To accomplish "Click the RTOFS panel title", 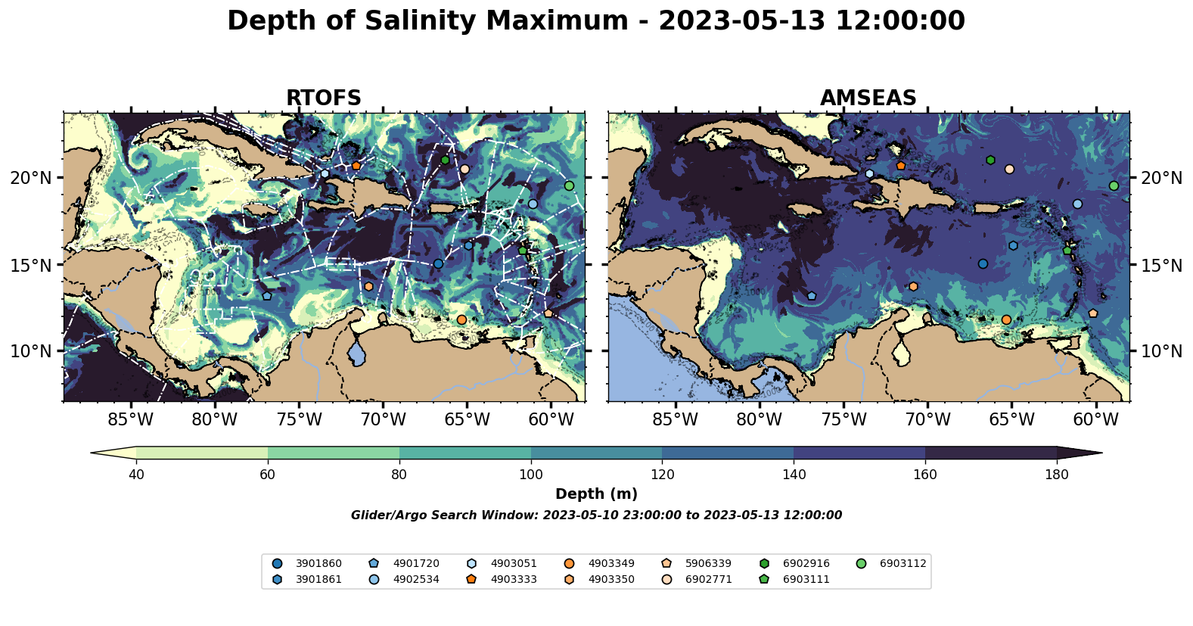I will pyautogui.click(x=323, y=98).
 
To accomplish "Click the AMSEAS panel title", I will pyautogui.click(x=868, y=98).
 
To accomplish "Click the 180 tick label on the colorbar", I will pyautogui.click(x=1056, y=475).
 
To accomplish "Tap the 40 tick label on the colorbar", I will pyautogui.click(x=136, y=475).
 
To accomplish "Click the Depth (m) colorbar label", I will pyautogui.click(x=596, y=494).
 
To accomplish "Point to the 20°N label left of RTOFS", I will pyautogui.click(x=31, y=178).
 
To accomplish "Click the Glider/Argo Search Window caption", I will pyautogui.click(x=596, y=515).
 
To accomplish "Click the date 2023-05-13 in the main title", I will pyautogui.click(x=739, y=20).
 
